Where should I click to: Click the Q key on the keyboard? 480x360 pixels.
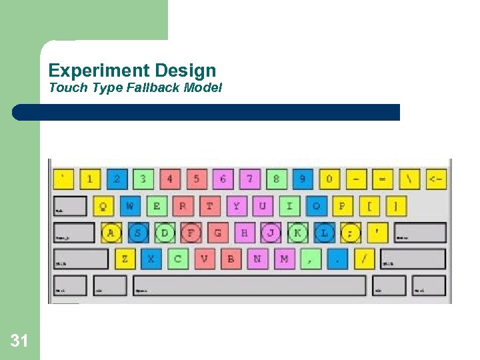(103, 206)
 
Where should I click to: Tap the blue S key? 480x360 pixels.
(138, 233)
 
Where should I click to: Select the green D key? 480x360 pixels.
(165, 233)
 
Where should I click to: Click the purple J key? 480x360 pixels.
(271, 233)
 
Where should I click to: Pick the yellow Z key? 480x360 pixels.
(125, 259)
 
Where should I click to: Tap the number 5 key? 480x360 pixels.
(196, 179)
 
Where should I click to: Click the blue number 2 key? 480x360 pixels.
(117, 179)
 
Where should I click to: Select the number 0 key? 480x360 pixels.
(329, 179)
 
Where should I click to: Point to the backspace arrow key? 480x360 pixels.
(435, 179)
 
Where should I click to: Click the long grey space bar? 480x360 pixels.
(249, 285)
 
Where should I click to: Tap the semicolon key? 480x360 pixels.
(350, 233)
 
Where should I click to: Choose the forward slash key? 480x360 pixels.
(363, 259)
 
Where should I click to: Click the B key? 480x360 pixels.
(231, 259)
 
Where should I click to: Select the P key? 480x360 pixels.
(342, 206)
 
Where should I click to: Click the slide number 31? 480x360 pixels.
(19, 342)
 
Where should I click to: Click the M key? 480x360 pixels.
(284, 259)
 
